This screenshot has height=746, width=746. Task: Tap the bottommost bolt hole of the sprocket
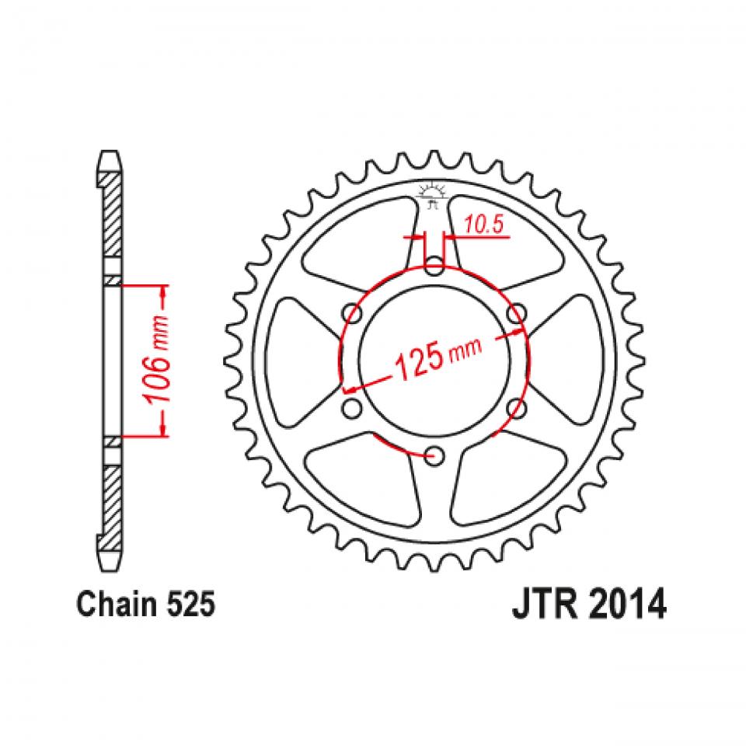(x=434, y=454)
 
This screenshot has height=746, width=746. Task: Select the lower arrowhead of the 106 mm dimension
(x=163, y=430)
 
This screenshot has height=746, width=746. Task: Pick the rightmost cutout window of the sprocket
(x=567, y=361)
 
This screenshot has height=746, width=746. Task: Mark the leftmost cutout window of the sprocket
(x=299, y=361)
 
